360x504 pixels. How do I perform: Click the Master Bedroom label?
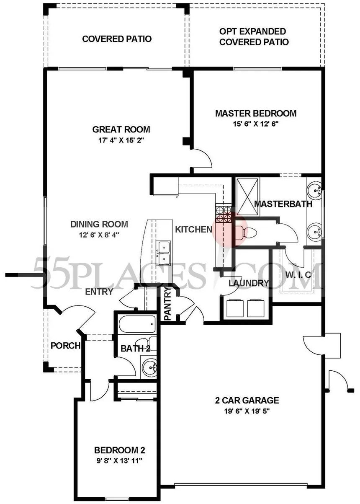pos(256,113)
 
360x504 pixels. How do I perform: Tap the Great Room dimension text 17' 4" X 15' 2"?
pos(121,140)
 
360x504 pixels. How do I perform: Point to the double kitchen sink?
pos(164,253)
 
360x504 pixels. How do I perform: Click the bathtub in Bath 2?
pos(137,324)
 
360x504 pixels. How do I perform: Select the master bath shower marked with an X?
pos(247,196)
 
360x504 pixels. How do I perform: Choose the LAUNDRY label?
pos(249,283)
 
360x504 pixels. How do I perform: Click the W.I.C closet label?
pos(298,274)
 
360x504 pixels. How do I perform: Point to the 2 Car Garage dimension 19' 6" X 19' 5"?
pos(247,411)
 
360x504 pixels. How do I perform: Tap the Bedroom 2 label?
pos(120,450)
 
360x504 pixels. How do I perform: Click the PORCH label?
pos(65,345)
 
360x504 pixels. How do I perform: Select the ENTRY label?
pos(99,292)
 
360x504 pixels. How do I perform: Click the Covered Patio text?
pos(117,39)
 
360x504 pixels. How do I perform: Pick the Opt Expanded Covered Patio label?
pos(254,37)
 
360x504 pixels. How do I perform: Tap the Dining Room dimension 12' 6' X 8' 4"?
pos(99,235)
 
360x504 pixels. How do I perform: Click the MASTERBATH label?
pos(283,204)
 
